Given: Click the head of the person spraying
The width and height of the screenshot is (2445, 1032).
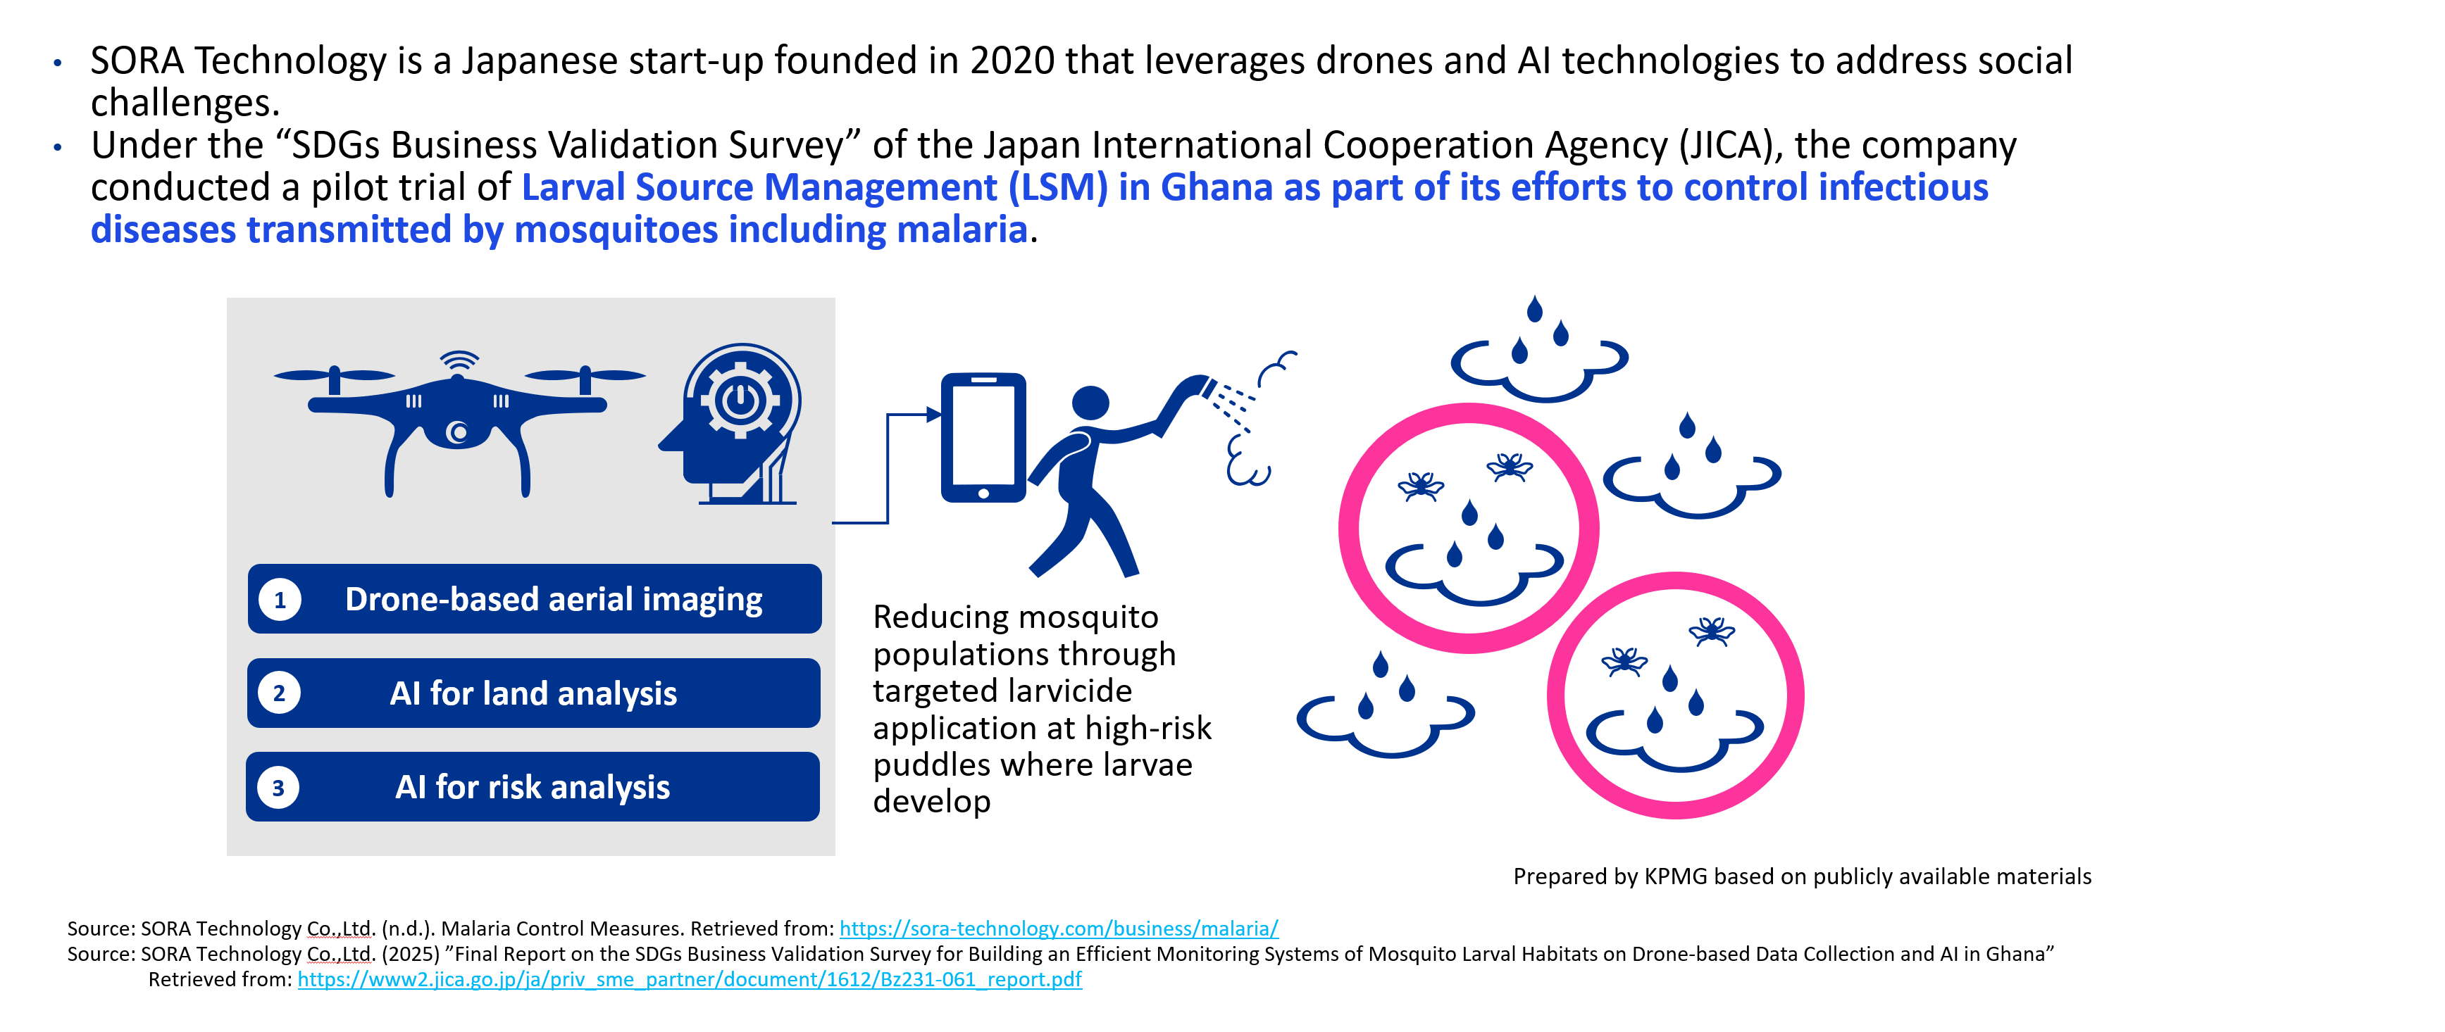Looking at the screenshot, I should pos(1090,402).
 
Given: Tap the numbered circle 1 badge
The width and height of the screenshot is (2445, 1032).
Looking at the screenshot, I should pos(279,600).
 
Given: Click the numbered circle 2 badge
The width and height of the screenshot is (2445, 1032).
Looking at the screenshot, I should pos(279,693).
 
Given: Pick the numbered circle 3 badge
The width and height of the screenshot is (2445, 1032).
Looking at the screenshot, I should pos(278,787).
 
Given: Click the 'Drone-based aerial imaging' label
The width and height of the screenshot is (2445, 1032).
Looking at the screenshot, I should pos(554,600).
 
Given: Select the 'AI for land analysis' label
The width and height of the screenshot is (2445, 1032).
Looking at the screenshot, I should pos(533,693).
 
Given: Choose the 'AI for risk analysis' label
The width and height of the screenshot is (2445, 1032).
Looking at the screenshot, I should pos(533,787).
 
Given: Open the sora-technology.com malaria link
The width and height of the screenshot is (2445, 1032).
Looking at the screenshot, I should pos(1058,929).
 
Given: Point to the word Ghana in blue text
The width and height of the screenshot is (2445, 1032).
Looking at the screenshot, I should pos(1216,188).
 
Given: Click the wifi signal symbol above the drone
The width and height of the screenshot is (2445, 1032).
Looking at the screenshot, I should pos(459,360).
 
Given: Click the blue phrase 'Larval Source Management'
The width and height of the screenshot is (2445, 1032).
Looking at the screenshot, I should pos(759,188).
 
